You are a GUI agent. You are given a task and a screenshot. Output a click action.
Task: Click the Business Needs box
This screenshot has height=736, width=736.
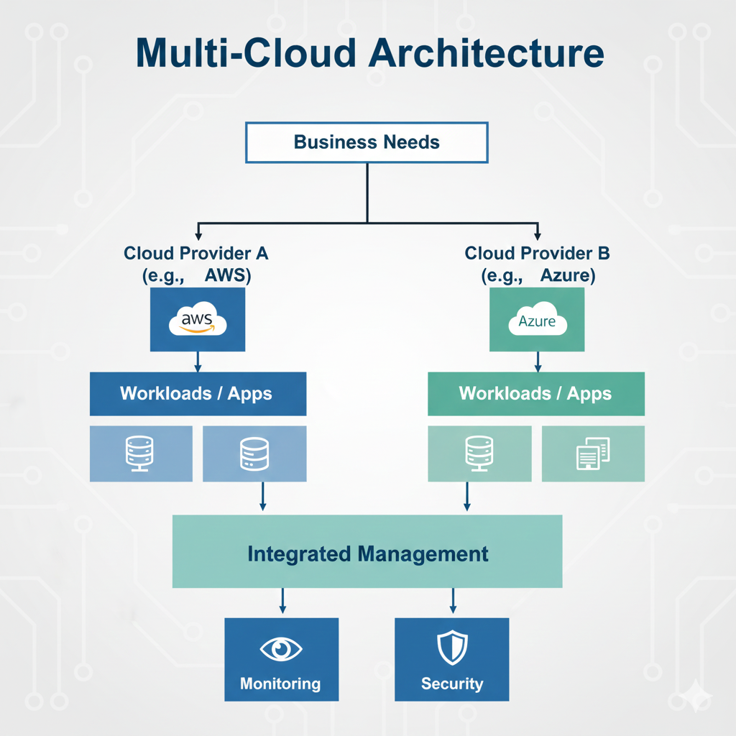click(x=367, y=142)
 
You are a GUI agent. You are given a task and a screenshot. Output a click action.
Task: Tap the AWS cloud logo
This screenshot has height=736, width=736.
click(x=198, y=321)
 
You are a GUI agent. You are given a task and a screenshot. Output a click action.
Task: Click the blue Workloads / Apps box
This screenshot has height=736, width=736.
click(x=198, y=394)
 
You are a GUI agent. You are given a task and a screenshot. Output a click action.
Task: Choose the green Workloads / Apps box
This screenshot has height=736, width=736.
click(x=535, y=394)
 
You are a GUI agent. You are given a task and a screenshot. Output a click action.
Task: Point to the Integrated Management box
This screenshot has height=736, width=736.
click(x=367, y=553)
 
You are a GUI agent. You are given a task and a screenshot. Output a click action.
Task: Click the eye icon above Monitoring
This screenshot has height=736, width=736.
click(x=280, y=649)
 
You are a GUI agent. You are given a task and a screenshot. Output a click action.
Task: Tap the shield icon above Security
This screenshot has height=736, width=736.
click(x=451, y=648)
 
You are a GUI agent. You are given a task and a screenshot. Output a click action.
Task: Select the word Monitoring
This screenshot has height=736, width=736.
click(x=280, y=684)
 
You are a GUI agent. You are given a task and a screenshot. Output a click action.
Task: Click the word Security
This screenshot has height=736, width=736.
click(x=451, y=684)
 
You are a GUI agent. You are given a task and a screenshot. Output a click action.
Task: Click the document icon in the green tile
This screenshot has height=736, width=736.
click(x=593, y=454)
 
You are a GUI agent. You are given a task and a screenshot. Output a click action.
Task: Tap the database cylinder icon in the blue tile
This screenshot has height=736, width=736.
click(x=254, y=454)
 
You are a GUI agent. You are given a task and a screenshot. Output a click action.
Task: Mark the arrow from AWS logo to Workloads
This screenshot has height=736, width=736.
click(x=198, y=362)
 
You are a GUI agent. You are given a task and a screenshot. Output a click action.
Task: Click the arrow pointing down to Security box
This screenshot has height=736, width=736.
click(x=452, y=602)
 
